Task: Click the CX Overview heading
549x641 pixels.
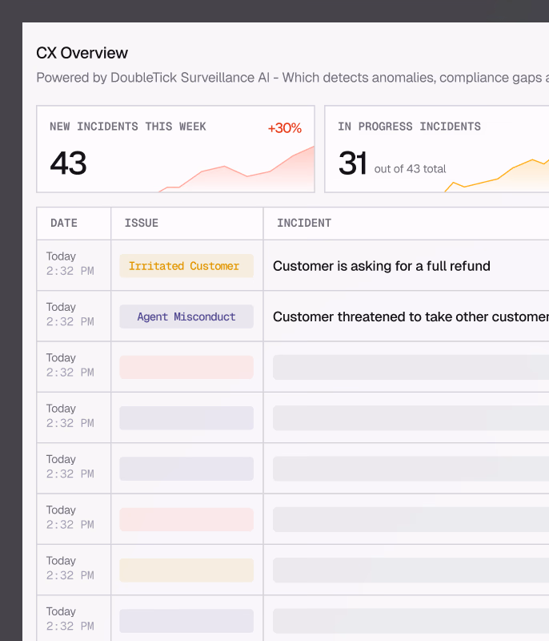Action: point(82,54)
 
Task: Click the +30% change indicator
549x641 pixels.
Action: point(284,128)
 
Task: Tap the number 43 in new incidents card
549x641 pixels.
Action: point(68,163)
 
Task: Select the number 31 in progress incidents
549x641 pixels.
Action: point(352,163)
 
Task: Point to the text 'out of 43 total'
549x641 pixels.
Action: point(410,169)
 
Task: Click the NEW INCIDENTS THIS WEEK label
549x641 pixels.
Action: point(127,127)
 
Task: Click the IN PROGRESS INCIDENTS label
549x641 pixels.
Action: point(409,127)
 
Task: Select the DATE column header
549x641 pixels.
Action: point(64,224)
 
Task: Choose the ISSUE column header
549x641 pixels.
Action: point(142,224)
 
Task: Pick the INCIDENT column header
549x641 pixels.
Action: point(304,224)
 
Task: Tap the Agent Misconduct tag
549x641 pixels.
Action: point(186,316)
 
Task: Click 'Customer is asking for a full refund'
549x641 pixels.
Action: point(381,266)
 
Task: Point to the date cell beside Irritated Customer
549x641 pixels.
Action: point(70,264)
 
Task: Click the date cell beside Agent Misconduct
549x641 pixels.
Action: point(70,314)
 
